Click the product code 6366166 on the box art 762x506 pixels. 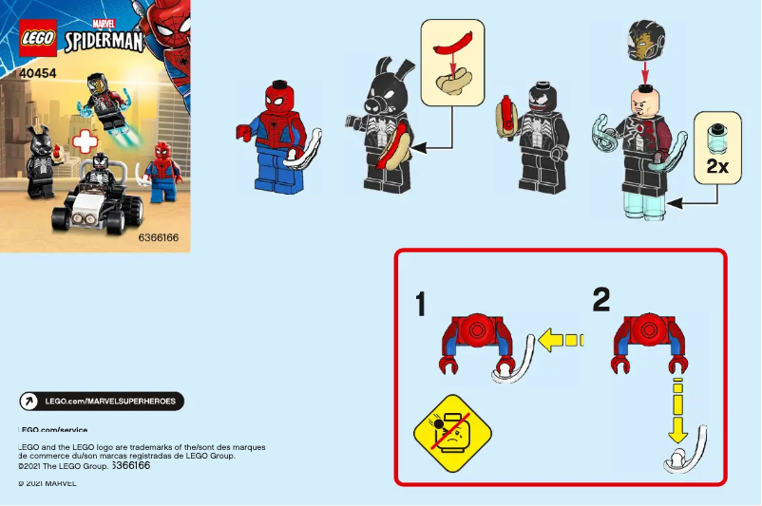pos(158,237)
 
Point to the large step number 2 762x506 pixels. pos(600,300)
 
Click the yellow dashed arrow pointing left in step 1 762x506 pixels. pos(560,338)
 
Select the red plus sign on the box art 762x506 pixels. pos(86,142)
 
